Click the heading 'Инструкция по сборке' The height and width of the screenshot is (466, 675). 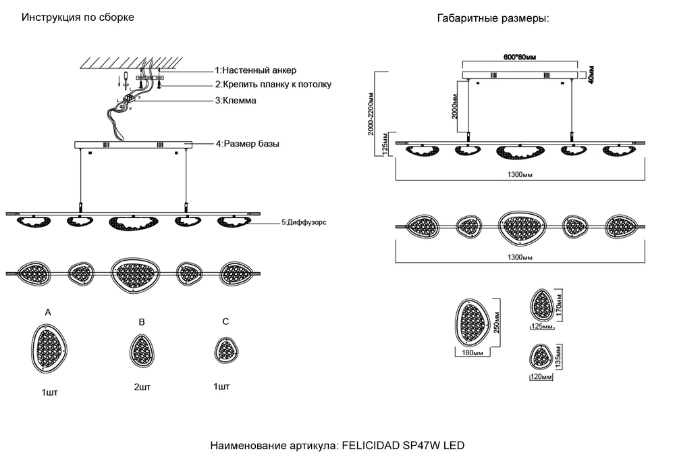78,18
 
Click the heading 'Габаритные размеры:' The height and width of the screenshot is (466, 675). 493,19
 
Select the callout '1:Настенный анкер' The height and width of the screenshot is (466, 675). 255,70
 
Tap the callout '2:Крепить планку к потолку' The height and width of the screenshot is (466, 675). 273,84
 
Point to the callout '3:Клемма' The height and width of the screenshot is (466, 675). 236,100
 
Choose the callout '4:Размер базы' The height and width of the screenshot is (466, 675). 247,144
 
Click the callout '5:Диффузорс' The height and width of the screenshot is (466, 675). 304,222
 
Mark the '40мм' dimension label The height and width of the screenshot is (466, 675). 591,72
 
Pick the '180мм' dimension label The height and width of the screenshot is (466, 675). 472,353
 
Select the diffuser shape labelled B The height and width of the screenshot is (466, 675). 141,352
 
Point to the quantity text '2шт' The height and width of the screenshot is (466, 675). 142,388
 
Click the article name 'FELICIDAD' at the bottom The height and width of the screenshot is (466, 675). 371,446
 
